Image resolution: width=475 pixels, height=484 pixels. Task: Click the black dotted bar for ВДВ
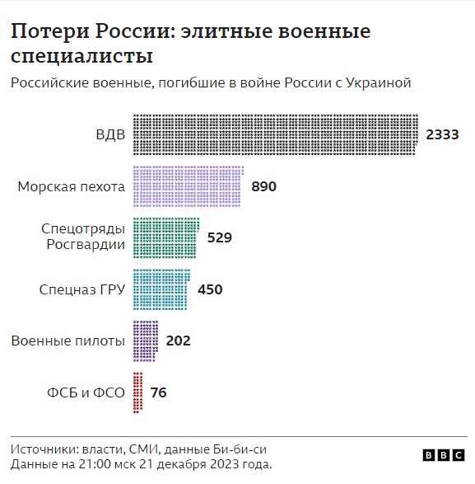[275, 134]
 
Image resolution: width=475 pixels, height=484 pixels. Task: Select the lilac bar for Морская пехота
[187, 186]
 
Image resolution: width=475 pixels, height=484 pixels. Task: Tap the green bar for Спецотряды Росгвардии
[165, 237]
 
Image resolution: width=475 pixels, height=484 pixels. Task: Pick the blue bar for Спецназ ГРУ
[161, 289]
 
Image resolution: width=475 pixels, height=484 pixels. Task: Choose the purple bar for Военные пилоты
[145, 341]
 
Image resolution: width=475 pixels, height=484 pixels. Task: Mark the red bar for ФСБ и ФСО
[137, 392]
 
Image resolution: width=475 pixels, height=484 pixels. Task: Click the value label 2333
[442, 134]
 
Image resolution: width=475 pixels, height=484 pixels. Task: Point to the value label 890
[263, 186]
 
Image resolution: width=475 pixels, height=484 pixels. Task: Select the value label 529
[220, 237]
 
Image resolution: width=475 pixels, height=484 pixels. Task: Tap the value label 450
[210, 289]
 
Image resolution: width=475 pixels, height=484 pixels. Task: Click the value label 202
[179, 341]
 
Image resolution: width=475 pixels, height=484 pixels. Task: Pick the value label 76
[159, 392]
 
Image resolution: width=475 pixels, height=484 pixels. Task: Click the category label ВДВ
[110, 134]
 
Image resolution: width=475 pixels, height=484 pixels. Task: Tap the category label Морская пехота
[71, 186]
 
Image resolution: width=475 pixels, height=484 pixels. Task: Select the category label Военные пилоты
[68, 341]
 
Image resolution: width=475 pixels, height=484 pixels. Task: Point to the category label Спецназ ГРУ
[82, 289]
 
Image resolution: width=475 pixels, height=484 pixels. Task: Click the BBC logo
[443, 454]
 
